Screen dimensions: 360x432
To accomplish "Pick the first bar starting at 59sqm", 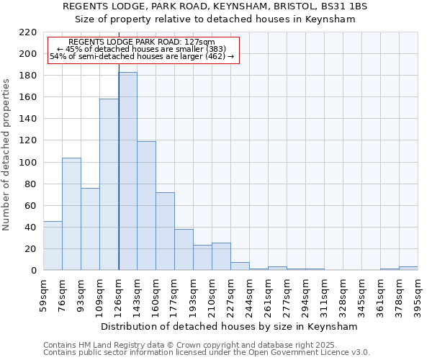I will [x=53, y=246].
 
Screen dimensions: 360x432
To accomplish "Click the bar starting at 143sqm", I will [x=146, y=206].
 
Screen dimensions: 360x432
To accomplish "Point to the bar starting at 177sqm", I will [x=184, y=250].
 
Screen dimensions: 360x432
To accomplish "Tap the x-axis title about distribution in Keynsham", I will [x=229, y=326].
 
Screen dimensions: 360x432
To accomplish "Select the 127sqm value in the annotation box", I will [x=199, y=42].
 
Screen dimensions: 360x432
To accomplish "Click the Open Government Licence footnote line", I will [x=207, y=352].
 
